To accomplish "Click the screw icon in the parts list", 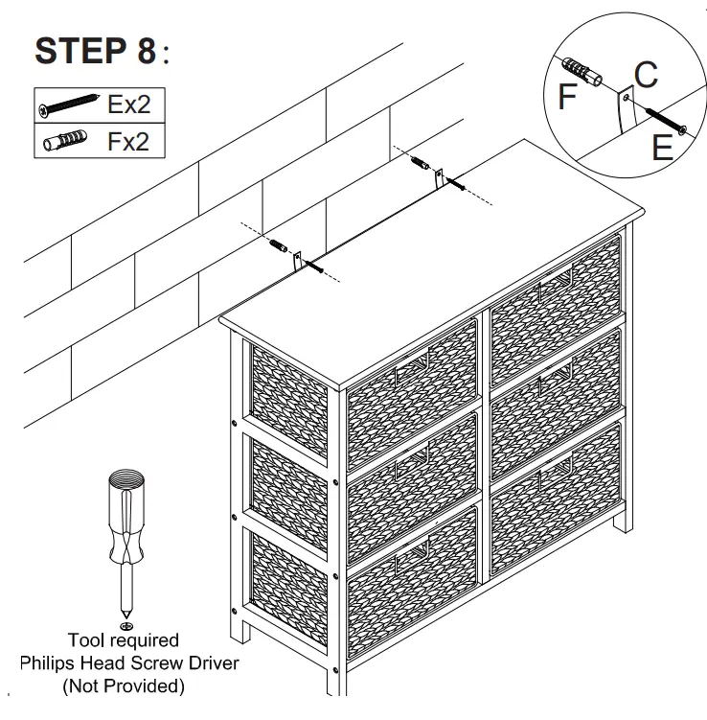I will tap(70, 105).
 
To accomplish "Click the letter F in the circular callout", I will tap(567, 97).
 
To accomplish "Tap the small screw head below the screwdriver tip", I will tap(124, 624).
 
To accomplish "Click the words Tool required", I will tap(123, 639).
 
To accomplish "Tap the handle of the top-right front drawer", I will tap(554, 278).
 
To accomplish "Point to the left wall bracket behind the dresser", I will tap(298, 258).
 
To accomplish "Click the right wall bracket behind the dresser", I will tap(439, 177).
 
